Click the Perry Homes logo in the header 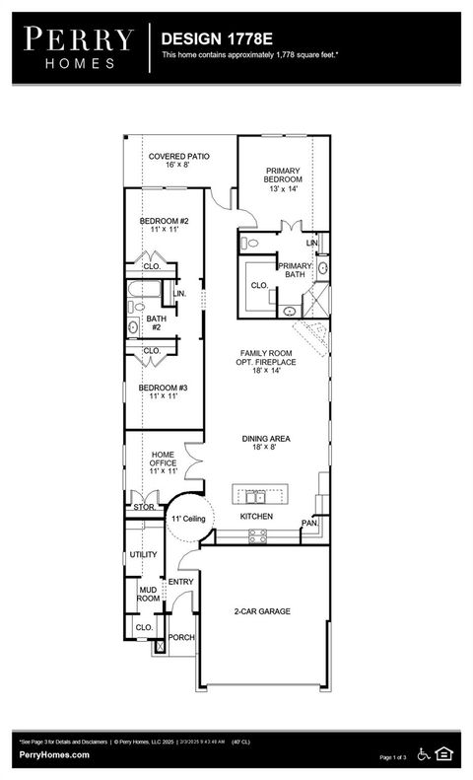(x=77, y=46)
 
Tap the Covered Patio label (x=177, y=162)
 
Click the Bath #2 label (x=156, y=322)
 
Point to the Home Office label (x=163, y=462)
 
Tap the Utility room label (x=144, y=554)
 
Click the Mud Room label (x=148, y=594)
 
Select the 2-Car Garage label (x=262, y=611)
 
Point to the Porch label (x=181, y=637)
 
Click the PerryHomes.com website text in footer (x=54, y=754)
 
